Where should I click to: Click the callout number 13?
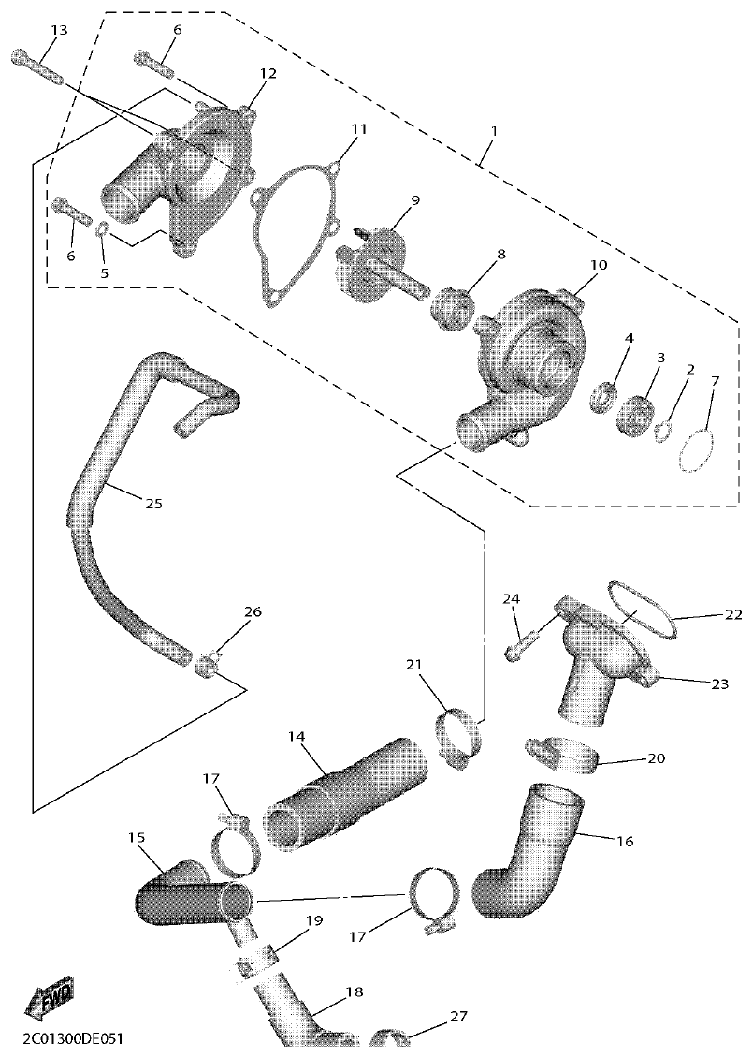click(59, 31)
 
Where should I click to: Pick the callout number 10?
click(598, 265)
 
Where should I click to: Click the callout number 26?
click(253, 611)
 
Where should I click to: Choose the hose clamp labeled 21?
click(457, 739)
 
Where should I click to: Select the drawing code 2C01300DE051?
click(65, 1040)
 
